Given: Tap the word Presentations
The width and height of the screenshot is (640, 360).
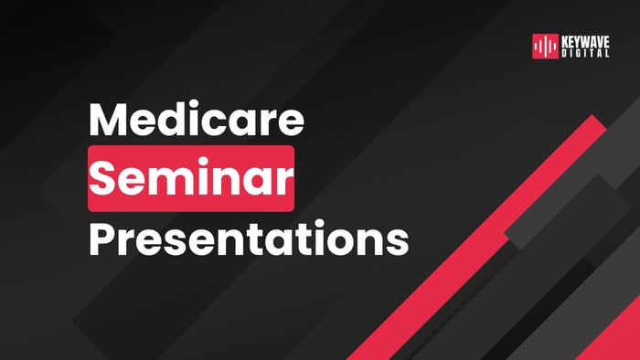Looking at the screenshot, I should click(x=248, y=237).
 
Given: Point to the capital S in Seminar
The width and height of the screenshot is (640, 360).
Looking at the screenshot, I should click(x=107, y=178).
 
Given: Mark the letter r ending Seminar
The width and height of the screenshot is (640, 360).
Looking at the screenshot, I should click(x=284, y=181).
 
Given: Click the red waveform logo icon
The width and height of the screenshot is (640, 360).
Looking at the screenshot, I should click(x=545, y=47).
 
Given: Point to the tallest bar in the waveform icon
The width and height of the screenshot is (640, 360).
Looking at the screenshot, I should click(x=545, y=47).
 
